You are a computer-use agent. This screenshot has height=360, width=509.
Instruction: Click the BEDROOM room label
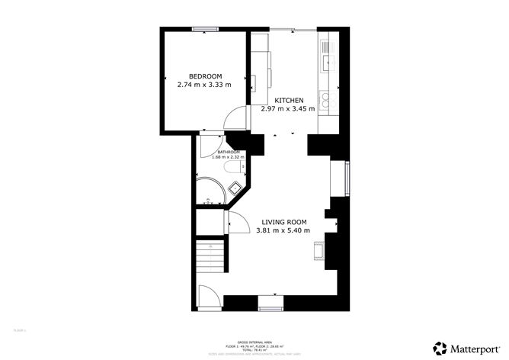click(205, 76)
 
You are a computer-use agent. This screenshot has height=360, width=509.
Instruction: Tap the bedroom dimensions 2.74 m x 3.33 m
click(203, 85)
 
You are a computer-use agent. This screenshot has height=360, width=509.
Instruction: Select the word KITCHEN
click(289, 101)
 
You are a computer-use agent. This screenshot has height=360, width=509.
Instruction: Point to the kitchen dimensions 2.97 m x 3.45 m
click(288, 110)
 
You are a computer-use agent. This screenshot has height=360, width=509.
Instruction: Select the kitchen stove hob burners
click(327, 98)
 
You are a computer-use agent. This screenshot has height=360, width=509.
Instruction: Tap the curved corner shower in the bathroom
click(208, 191)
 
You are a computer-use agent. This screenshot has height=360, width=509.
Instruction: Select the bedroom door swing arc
click(235, 120)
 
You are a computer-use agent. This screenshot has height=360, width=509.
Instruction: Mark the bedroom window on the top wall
click(203, 30)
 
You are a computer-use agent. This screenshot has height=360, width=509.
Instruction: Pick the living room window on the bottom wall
click(270, 308)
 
